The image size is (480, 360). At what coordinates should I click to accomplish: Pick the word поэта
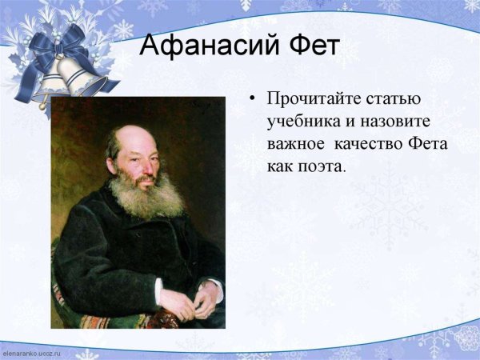pos(320,168)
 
